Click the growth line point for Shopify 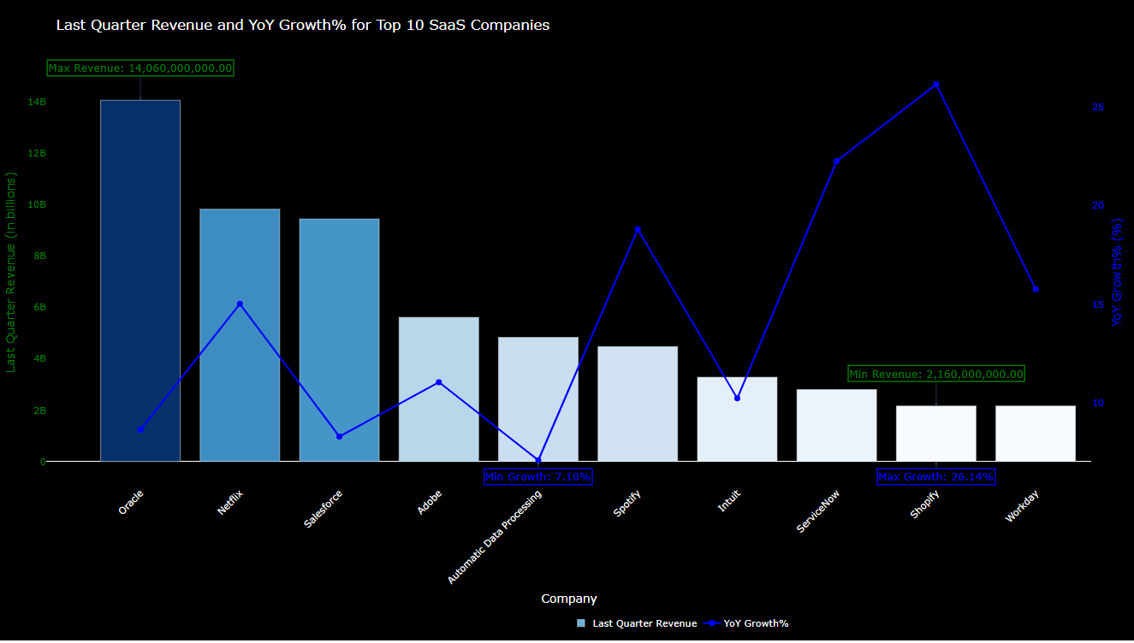[x=936, y=85]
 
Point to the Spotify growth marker [x=638, y=230]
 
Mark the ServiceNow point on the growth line [x=837, y=162]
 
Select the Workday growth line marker [x=1036, y=290]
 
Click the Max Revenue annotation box [x=140, y=68]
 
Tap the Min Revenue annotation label [x=936, y=374]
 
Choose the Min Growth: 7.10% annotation [x=538, y=476]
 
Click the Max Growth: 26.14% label [x=936, y=476]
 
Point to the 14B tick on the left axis [x=37, y=103]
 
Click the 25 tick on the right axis [x=1098, y=108]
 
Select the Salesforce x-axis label [x=324, y=509]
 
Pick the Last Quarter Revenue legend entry [x=637, y=623]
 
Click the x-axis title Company [x=569, y=599]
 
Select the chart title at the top [x=303, y=26]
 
